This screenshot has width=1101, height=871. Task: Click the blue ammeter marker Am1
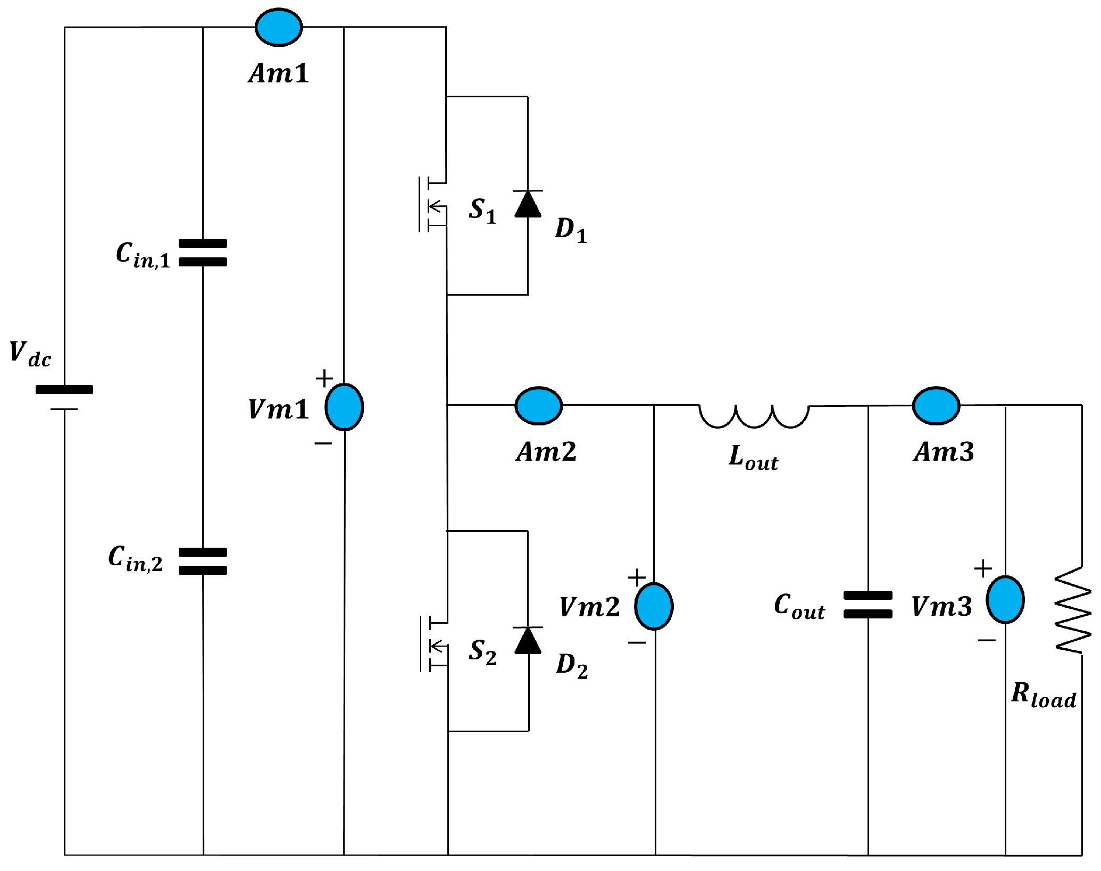click(279, 27)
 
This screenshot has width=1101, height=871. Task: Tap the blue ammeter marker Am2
click(538, 406)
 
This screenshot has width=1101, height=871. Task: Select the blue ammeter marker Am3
click(936, 406)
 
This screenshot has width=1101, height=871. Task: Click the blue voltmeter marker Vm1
click(344, 407)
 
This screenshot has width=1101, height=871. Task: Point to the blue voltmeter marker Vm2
click(654, 606)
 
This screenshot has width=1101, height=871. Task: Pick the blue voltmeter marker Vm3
click(1005, 599)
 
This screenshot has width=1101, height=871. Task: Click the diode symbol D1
click(528, 204)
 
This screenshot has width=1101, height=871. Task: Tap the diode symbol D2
click(528, 641)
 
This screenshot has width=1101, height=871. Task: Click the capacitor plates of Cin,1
click(203, 253)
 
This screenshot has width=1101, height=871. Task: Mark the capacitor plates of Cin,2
click(203, 561)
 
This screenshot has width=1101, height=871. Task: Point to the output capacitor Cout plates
click(868, 605)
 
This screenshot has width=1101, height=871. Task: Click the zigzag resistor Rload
click(1073, 610)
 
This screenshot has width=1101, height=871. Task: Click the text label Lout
click(753, 457)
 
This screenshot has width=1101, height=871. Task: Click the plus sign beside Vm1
click(324, 379)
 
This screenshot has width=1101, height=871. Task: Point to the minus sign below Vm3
click(986, 640)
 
